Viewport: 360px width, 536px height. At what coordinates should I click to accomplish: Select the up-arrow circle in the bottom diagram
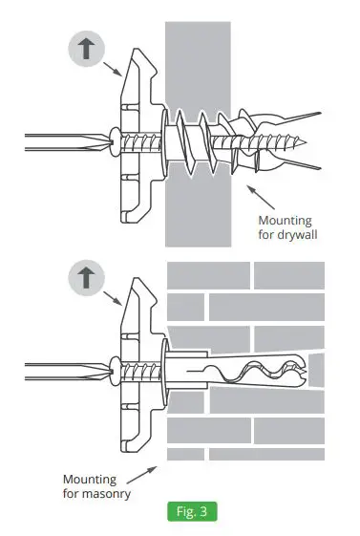(86, 278)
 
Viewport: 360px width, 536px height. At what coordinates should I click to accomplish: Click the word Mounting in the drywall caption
(286, 219)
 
